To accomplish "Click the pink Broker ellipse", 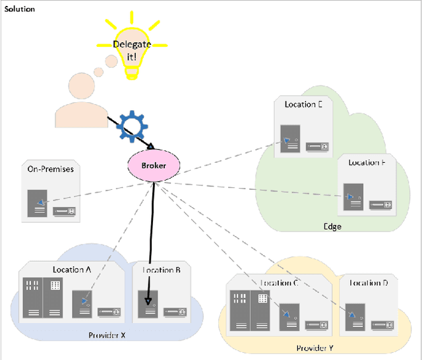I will [x=154, y=165].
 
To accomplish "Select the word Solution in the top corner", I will [x=20, y=9].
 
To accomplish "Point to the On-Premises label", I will [x=50, y=169].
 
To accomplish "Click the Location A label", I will [x=72, y=269].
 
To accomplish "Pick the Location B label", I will [x=161, y=270].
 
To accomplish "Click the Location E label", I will [x=303, y=104].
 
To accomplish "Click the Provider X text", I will [x=107, y=336].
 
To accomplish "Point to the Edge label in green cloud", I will [x=332, y=226].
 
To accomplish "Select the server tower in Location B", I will [x=150, y=303].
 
